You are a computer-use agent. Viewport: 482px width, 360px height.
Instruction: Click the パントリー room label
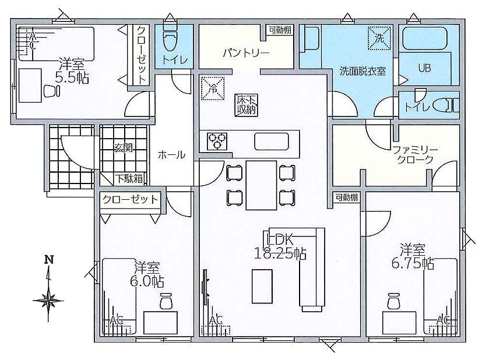[x=246, y=53]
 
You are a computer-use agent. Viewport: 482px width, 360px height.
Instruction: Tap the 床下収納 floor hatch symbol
[x=247, y=105]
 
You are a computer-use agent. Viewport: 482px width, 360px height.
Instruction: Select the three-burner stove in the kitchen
[x=217, y=142]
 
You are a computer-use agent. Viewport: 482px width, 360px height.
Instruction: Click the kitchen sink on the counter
[x=272, y=142]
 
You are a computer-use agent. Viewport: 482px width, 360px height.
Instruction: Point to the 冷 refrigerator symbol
[x=213, y=89]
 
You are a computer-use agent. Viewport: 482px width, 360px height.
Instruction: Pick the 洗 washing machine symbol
[x=379, y=38]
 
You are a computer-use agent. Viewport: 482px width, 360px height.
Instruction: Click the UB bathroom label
[x=424, y=68]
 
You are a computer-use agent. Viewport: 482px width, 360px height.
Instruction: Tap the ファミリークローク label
[x=415, y=155]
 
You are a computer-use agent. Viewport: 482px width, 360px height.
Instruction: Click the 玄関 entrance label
[x=123, y=148]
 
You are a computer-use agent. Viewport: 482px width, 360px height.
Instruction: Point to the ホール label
[x=171, y=154]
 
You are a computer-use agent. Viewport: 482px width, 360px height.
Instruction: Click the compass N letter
[x=48, y=260]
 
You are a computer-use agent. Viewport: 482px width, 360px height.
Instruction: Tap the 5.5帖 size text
[x=72, y=78]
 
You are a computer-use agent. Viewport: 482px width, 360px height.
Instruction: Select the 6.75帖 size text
[x=413, y=263]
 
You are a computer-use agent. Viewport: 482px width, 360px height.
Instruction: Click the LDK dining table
[x=261, y=185]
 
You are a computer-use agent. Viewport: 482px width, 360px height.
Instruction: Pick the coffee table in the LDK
[x=262, y=286]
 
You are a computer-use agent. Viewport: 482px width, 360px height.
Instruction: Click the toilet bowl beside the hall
[x=170, y=41]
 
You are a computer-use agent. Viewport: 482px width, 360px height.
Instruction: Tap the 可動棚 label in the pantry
[x=280, y=30]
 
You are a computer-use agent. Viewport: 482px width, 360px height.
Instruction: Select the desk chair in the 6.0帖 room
[x=166, y=301]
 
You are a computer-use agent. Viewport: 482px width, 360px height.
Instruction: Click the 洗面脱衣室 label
[x=363, y=71]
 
